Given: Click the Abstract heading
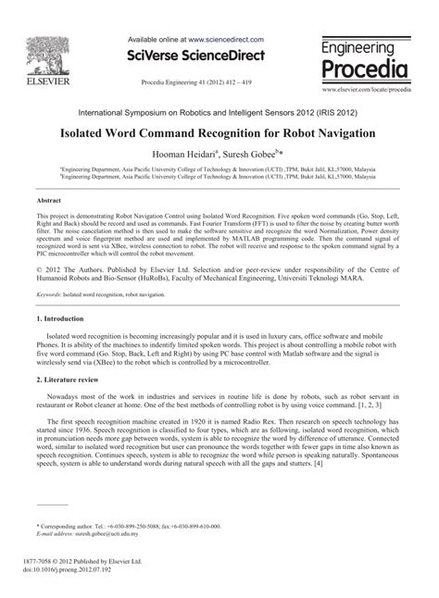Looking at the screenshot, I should pos(49,200).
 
